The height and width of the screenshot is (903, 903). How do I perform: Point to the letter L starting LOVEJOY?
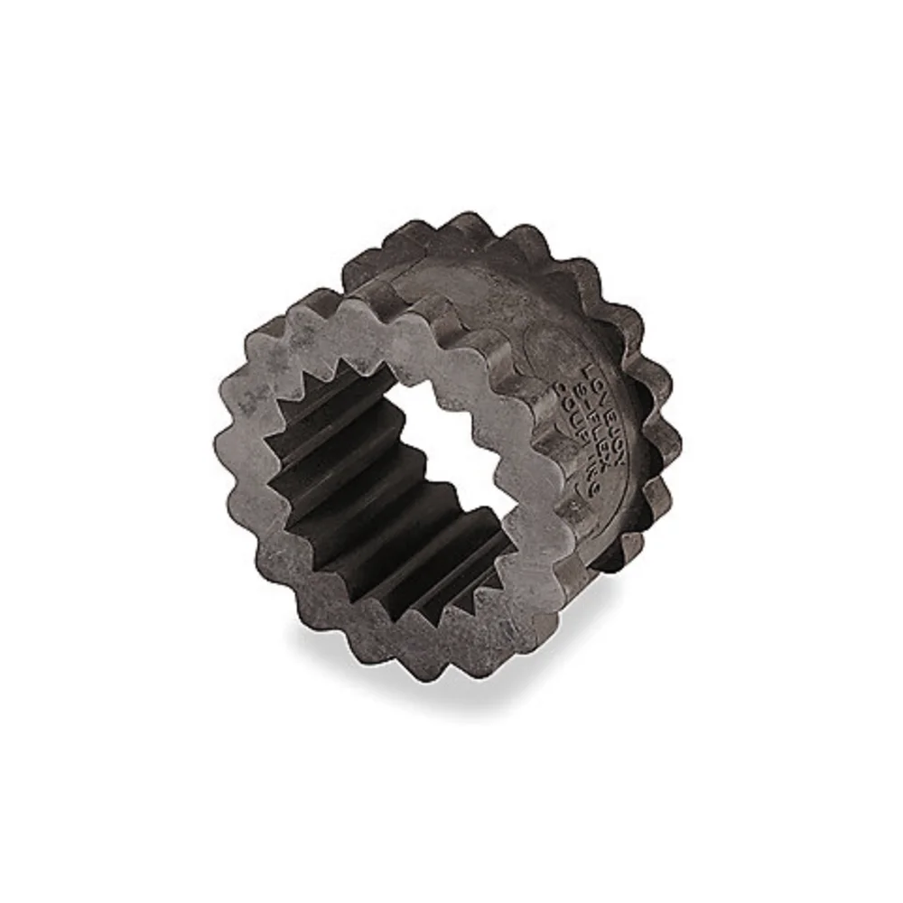pyautogui.click(x=588, y=371)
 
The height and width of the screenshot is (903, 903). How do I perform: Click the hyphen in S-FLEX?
pyautogui.click(x=587, y=405)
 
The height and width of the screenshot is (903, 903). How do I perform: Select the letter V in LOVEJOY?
pyautogui.click(x=602, y=399)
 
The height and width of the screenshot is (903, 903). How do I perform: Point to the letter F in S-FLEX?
pyautogui.click(x=593, y=416)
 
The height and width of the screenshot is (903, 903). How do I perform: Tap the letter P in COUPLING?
pyautogui.click(x=582, y=435)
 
